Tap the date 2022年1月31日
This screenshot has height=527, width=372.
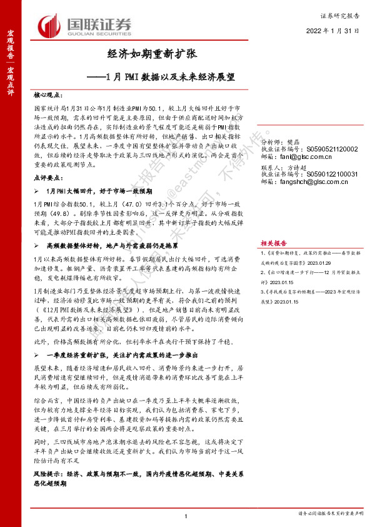(x=332, y=30)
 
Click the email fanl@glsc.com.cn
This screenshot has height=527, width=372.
(x=303, y=157)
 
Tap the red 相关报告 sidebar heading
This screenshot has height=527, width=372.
(x=273, y=225)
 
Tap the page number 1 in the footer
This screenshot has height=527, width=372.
(x=186, y=515)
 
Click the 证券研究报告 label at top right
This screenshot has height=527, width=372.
(x=342, y=13)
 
